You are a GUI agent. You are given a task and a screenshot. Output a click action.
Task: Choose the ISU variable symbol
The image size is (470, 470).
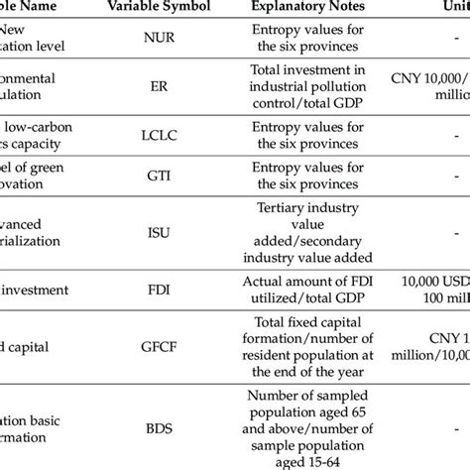(162, 234)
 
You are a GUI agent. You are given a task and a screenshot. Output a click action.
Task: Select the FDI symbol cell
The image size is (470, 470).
(162, 291)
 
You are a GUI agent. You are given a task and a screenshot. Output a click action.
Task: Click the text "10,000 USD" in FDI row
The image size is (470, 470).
(437, 283)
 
